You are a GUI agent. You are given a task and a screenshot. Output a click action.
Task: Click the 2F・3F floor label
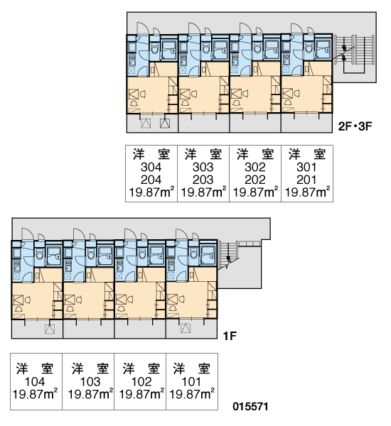click(355, 126)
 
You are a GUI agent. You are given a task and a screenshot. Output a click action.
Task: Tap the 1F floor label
click(230, 337)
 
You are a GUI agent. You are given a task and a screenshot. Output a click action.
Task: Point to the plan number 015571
click(250, 407)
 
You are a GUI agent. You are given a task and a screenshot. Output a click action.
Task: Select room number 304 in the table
click(151, 167)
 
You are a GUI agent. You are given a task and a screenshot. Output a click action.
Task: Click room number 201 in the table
click(306, 180)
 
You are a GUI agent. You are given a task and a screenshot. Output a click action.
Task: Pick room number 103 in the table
click(90, 382)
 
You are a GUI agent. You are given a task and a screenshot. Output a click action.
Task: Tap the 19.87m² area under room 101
click(191, 394)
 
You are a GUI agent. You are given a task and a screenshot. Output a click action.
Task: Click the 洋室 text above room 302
click(255, 154)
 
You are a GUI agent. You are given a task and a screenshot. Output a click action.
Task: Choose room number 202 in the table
click(255, 180)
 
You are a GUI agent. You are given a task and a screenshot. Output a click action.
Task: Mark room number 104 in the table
click(35, 382)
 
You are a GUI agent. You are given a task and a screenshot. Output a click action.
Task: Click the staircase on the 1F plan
click(229, 255)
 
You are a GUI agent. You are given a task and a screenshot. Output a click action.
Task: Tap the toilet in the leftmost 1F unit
click(39, 255)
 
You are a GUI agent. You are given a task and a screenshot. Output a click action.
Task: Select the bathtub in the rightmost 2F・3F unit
click(323, 49)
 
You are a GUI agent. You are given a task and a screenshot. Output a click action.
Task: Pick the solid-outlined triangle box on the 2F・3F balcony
click(165, 124)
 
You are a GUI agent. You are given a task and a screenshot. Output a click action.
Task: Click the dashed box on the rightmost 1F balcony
click(186, 328)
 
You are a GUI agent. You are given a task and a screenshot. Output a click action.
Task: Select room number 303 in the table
click(203, 167)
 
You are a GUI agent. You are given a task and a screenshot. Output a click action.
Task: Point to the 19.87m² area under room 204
click(151, 192)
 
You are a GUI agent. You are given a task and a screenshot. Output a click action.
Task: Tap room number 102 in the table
click(141, 382)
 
